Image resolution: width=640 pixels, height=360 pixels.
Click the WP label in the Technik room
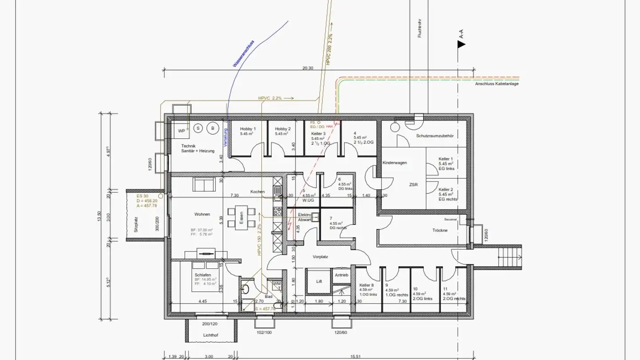(x=181, y=131)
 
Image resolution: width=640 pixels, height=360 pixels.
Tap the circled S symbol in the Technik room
(x=198, y=128)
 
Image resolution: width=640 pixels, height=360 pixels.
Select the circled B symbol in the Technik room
(x=212, y=128)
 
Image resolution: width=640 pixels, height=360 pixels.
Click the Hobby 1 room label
(x=248, y=129)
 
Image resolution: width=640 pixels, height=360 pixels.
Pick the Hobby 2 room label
(x=283, y=129)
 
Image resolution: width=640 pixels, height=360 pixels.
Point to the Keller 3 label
(x=318, y=133)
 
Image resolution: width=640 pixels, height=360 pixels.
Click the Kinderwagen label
(x=395, y=163)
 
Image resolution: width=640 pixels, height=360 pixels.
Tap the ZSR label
(x=413, y=185)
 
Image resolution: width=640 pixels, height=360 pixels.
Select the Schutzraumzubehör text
(x=435, y=136)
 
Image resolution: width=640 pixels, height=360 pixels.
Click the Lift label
(x=319, y=281)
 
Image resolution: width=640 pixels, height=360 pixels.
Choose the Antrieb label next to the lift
(x=341, y=275)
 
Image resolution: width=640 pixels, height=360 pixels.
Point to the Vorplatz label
(x=320, y=256)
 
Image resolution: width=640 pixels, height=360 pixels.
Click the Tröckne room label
(x=440, y=230)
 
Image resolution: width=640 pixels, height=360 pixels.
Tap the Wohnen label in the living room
(x=202, y=214)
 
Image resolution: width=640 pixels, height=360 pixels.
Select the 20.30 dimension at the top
(x=308, y=68)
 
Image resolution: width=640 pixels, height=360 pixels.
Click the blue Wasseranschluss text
(x=243, y=54)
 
